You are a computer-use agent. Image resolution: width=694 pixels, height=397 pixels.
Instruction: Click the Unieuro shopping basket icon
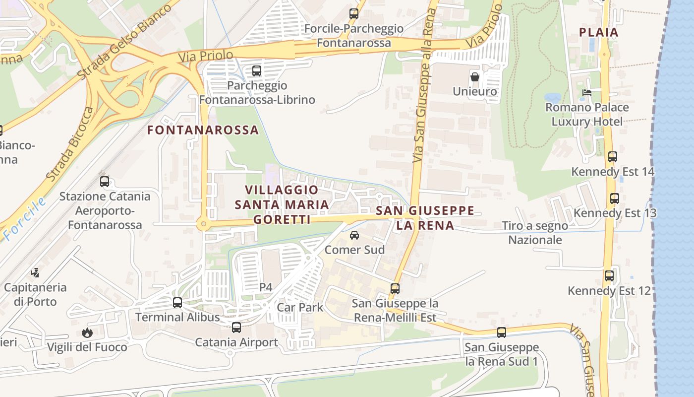(475, 77)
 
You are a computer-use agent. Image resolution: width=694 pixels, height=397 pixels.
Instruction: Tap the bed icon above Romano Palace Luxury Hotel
(587, 93)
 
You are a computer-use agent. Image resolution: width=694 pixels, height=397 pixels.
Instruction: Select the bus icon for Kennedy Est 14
(613, 157)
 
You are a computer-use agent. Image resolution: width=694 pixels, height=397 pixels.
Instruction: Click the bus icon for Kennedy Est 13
(615, 198)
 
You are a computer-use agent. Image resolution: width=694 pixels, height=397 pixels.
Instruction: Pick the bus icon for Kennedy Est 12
(609, 276)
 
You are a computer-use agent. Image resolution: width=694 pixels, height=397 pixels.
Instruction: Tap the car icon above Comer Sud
(354, 235)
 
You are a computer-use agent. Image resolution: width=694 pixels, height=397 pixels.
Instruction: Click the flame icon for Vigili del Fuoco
(87, 332)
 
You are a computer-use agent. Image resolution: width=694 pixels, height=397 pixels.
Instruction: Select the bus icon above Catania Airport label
(236, 328)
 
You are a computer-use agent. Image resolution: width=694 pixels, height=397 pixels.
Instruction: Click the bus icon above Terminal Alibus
(177, 303)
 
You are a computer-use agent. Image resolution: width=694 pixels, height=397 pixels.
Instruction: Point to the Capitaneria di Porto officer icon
(35, 272)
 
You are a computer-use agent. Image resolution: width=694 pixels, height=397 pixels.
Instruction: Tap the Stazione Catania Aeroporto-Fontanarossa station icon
(105, 182)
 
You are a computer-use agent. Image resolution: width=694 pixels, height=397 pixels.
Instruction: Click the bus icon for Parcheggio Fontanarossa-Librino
(257, 71)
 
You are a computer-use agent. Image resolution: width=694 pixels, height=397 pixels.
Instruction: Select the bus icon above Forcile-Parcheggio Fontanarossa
(354, 14)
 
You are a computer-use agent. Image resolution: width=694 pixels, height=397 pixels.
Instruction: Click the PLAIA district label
(599, 33)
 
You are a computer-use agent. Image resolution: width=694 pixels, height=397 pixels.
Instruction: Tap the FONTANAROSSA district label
(203, 130)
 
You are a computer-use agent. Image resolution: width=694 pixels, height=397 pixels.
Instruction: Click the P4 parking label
(266, 287)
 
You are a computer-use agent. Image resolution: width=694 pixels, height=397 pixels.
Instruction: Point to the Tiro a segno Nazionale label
(535, 233)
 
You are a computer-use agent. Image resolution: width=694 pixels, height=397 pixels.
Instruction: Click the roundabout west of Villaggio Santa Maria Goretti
(203, 225)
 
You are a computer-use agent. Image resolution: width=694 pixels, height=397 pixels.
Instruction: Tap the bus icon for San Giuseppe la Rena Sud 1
(502, 332)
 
